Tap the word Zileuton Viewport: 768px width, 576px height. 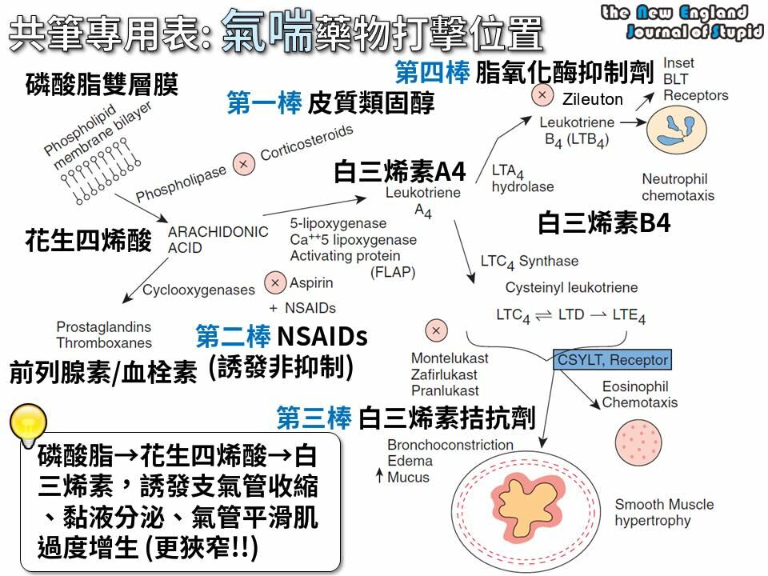592,100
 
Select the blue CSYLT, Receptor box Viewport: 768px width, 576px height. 612,360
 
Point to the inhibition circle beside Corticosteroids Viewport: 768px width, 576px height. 243,164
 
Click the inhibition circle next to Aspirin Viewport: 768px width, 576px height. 275,282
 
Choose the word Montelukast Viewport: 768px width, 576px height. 450,358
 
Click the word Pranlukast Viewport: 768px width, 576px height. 445,391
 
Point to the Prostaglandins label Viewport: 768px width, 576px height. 103,327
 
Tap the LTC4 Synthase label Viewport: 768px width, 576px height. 529,262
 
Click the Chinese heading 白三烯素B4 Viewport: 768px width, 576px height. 603,222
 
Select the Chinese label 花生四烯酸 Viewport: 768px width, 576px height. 88,240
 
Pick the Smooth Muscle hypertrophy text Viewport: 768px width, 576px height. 663,513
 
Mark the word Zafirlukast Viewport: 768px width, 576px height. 444,374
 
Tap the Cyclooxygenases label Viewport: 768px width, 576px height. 198,290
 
